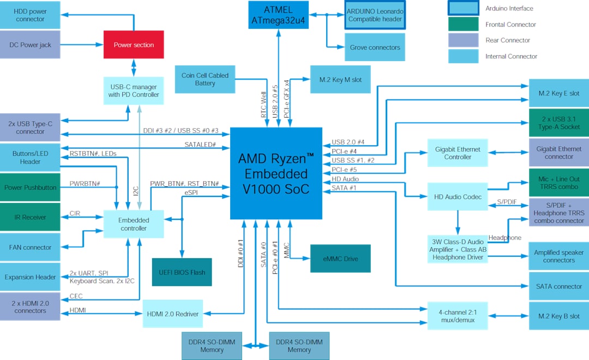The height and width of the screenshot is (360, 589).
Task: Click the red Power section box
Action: click(134, 45)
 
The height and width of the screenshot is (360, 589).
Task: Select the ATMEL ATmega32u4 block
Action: click(279, 15)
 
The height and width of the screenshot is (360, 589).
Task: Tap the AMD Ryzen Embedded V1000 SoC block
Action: click(276, 173)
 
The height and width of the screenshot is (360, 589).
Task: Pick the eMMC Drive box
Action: click(340, 259)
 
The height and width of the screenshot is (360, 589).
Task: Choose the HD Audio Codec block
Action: click(458, 196)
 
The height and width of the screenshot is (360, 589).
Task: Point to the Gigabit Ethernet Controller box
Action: click(458, 153)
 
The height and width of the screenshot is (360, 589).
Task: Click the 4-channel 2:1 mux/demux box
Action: click(458, 316)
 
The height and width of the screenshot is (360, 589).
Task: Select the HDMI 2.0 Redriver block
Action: click(172, 314)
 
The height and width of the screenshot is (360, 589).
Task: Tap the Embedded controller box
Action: click(134, 224)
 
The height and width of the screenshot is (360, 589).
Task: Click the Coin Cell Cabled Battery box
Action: click(205, 80)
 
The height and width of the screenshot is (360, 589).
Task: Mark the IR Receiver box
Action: click(30, 217)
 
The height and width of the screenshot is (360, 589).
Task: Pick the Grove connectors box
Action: click(375, 47)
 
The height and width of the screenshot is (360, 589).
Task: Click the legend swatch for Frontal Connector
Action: click(463, 25)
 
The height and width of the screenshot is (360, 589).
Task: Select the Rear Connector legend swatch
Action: click(463, 40)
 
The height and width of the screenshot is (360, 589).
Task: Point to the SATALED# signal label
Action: click(200, 145)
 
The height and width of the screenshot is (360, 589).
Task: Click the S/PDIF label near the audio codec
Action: click(507, 202)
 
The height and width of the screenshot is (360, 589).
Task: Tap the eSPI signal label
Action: click(191, 192)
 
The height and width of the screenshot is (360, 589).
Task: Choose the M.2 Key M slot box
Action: click(340, 80)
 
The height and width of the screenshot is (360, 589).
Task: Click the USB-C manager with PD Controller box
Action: click(133, 91)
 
